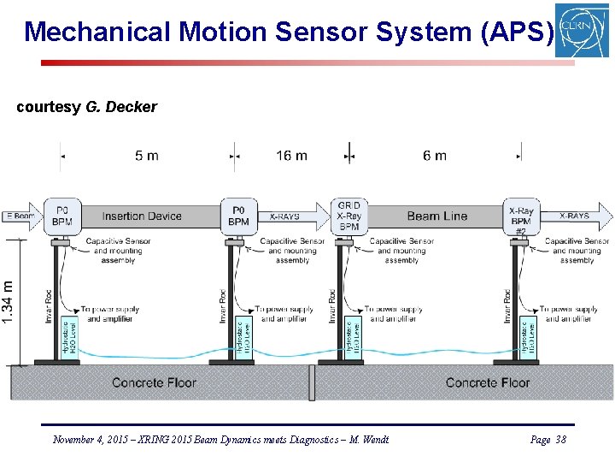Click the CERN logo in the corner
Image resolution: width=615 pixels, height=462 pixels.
click(x=582, y=30)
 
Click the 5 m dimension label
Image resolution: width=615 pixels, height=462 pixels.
click(x=146, y=156)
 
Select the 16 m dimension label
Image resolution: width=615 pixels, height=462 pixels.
click(x=291, y=156)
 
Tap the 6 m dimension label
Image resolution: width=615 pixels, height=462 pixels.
click(x=434, y=156)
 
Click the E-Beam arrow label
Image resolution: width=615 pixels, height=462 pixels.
click(x=19, y=216)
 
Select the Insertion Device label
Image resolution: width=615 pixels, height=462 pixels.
click(x=142, y=216)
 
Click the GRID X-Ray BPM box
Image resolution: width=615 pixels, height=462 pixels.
click(x=348, y=216)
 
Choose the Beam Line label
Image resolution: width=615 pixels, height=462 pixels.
click(x=436, y=216)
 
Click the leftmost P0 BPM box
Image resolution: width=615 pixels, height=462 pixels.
click(x=62, y=216)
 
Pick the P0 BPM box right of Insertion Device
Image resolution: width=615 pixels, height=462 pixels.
click(x=239, y=216)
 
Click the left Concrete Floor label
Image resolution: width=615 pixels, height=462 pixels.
click(x=154, y=382)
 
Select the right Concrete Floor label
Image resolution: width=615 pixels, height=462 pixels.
click(x=488, y=382)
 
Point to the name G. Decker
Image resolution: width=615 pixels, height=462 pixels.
click(x=121, y=107)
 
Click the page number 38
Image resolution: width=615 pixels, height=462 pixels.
click(x=560, y=440)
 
